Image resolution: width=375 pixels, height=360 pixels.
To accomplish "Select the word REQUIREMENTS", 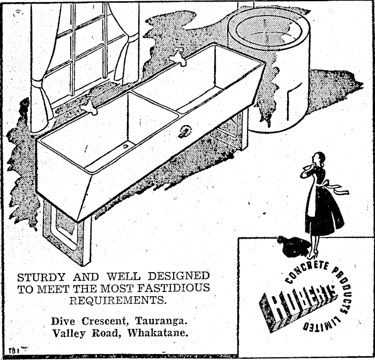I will tap(118, 300).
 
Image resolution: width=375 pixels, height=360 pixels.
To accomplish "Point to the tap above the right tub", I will tap(177, 57).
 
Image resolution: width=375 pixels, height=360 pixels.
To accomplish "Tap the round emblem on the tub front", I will tap(185, 130).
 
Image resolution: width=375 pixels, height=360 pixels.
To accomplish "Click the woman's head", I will tap(318, 159).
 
